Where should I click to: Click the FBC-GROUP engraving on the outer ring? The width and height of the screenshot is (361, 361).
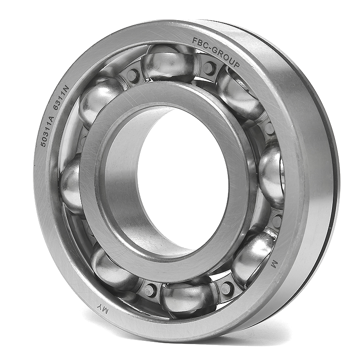click(x=216, y=52)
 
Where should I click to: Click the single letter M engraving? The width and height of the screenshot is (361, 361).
click(x=274, y=264)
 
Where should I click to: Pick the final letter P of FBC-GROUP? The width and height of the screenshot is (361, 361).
click(x=237, y=65)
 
